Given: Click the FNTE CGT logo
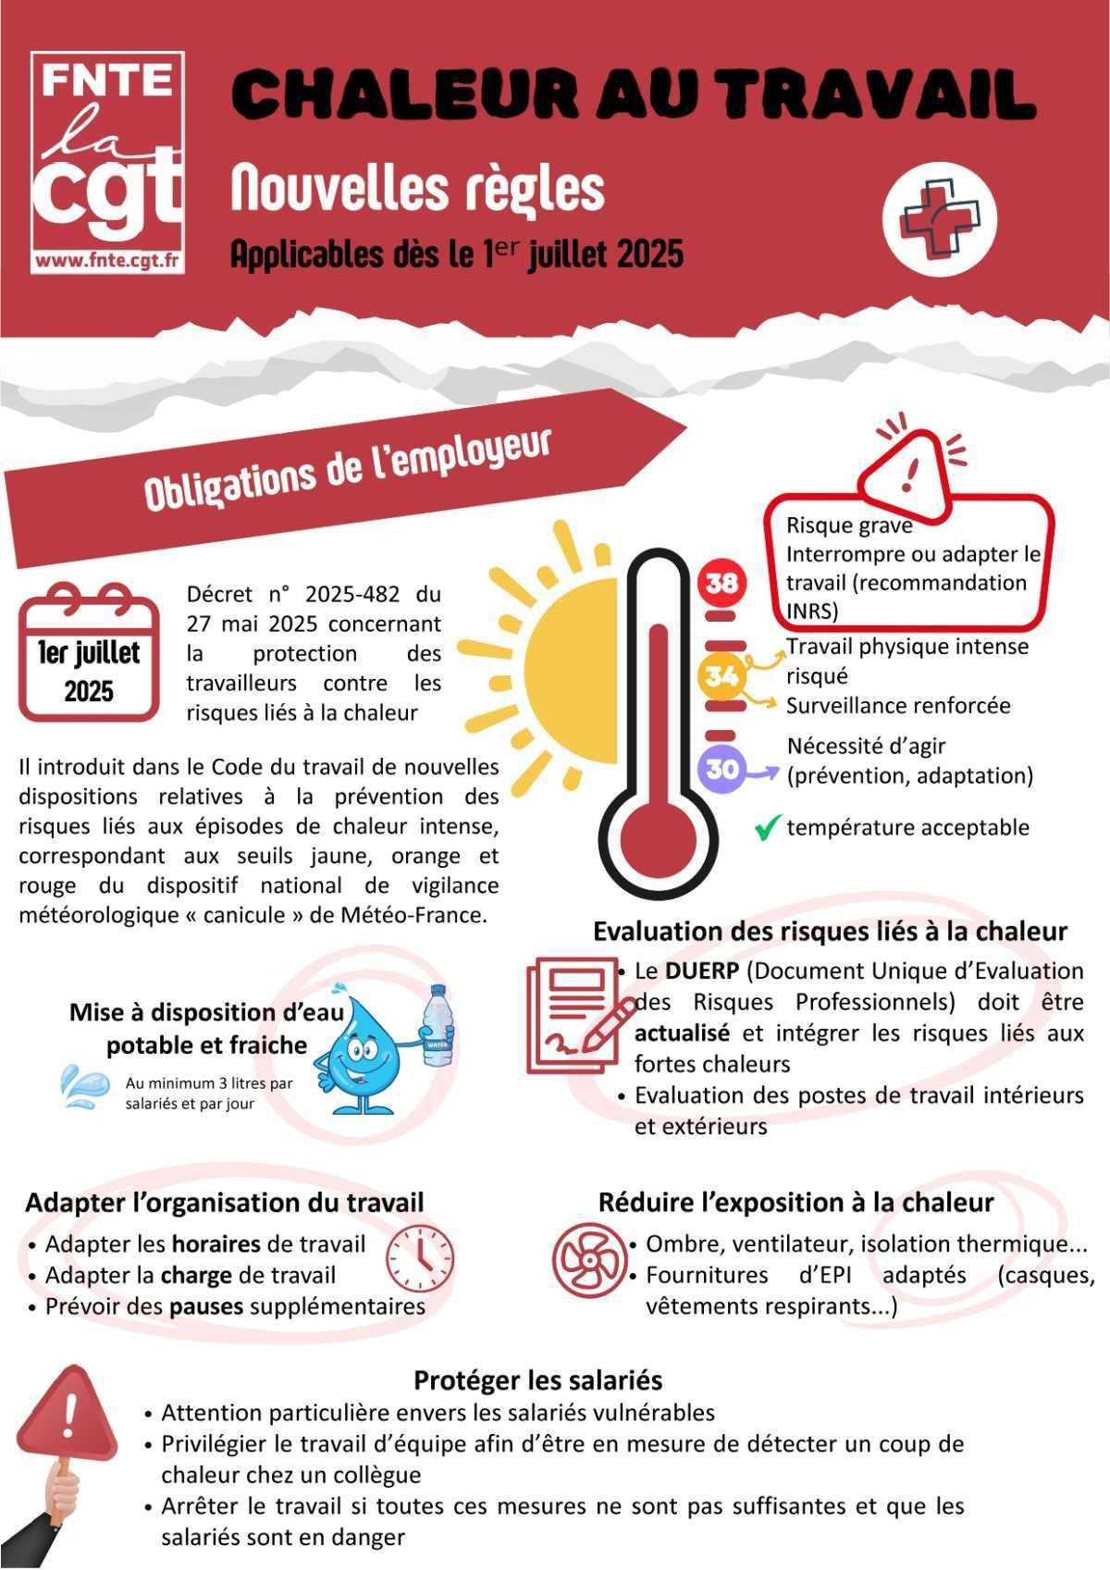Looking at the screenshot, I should [x=107, y=163].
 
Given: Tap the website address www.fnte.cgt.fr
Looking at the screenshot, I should [x=107, y=261].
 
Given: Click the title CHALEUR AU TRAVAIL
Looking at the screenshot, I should [x=633, y=94].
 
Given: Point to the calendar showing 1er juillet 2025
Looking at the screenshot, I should [x=89, y=652].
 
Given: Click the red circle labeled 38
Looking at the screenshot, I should [x=722, y=583].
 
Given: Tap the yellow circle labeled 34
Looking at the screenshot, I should [x=721, y=676].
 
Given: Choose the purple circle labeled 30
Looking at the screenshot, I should [x=722, y=768].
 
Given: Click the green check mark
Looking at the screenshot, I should [x=767, y=827].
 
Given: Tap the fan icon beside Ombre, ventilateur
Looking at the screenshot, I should [x=586, y=1258].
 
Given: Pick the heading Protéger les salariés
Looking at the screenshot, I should [x=537, y=1380].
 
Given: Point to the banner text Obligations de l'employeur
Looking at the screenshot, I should [x=348, y=469].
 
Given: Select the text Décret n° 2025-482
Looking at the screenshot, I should [x=314, y=593].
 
